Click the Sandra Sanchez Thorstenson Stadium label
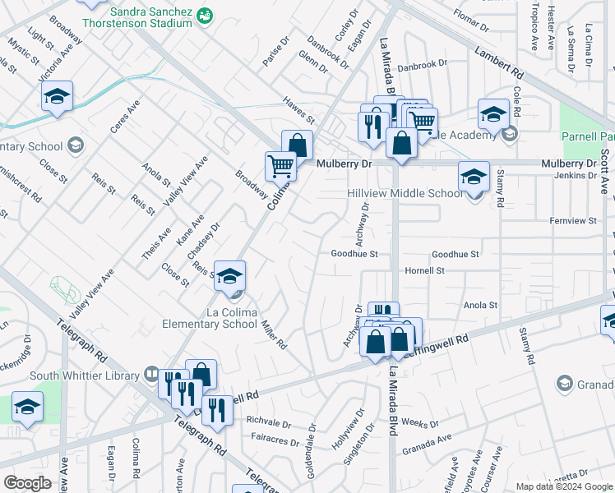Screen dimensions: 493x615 pyautogui.click(x=143, y=18)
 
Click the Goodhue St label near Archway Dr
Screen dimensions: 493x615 pyautogui.click(x=354, y=255)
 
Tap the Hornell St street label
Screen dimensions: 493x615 pyautogui.click(x=424, y=270)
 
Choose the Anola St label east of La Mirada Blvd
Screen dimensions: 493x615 pyautogui.click(x=481, y=306)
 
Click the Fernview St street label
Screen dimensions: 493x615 pyautogui.click(x=573, y=221)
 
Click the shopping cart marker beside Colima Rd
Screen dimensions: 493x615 pyautogui.click(x=280, y=166)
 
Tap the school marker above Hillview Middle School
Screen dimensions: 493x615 pyautogui.click(x=474, y=177)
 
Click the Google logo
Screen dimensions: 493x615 pyautogui.click(x=27, y=483)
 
